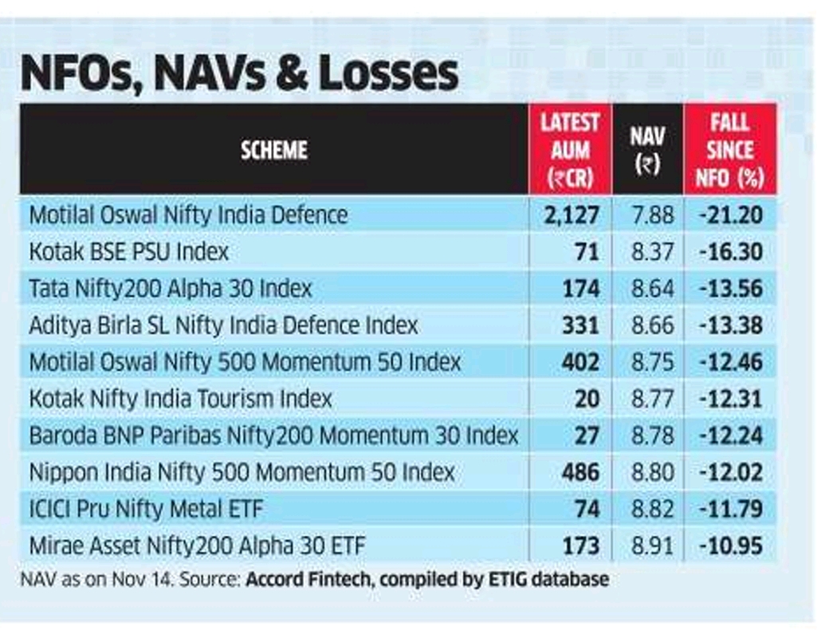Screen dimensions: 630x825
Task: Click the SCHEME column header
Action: coord(273,150)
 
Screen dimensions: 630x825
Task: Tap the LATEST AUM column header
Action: coord(570,150)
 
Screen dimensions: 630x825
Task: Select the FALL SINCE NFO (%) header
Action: coord(729,150)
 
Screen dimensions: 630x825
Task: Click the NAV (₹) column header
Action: coord(647,150)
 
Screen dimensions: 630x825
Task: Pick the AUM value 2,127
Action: coord(572,215)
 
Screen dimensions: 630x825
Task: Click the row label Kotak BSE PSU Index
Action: coord(128,252)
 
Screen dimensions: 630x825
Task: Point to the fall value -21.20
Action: coord(731,215)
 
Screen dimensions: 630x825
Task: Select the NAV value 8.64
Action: coord(652,289)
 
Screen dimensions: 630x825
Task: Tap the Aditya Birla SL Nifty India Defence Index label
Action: coord(223,325)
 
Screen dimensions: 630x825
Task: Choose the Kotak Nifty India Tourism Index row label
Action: coord(180,399)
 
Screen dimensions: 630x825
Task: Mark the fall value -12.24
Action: coord(731,435)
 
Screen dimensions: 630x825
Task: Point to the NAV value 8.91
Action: coord(652,545)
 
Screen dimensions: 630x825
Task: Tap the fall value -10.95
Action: coord(731,545)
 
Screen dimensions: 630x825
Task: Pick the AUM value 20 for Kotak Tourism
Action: coord(587,399)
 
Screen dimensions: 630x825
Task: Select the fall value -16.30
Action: coord(731,252)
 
